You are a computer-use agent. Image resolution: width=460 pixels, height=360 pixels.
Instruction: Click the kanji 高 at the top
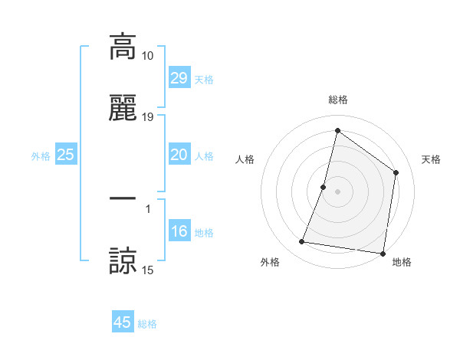[123, 47]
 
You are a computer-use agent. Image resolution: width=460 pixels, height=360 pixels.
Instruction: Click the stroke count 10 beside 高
[147, 56]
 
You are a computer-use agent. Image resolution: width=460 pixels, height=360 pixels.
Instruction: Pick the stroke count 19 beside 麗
[147, 117]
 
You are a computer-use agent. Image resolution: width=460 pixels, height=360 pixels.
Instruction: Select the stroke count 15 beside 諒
[147, 270]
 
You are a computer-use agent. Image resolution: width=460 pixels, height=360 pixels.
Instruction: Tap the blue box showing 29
[179, 77]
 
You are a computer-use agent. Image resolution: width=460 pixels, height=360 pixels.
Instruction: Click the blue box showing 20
[179, 155]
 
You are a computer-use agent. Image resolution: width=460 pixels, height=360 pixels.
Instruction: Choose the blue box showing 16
[179, 231]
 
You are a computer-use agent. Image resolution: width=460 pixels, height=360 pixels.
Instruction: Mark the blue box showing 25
[66, 155]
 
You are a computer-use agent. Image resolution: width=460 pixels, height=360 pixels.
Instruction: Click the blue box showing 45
[123, 322]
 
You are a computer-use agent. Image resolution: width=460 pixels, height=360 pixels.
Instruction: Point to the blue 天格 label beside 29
[204, 79]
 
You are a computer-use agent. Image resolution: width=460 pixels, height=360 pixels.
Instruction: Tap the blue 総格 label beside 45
[147, 324]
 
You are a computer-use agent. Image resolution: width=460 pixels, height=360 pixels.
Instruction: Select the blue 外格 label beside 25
[41, 156]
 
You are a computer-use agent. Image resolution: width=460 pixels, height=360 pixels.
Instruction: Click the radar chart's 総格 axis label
[337, 100]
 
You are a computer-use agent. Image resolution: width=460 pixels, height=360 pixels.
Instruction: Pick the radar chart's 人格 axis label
[245, 159]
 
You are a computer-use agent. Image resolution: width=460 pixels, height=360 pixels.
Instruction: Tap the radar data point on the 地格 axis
[383, 253]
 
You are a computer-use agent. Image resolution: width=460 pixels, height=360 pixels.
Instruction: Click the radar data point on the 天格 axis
[396, 172]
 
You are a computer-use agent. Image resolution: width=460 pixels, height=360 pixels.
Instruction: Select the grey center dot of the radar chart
[337, 191]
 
